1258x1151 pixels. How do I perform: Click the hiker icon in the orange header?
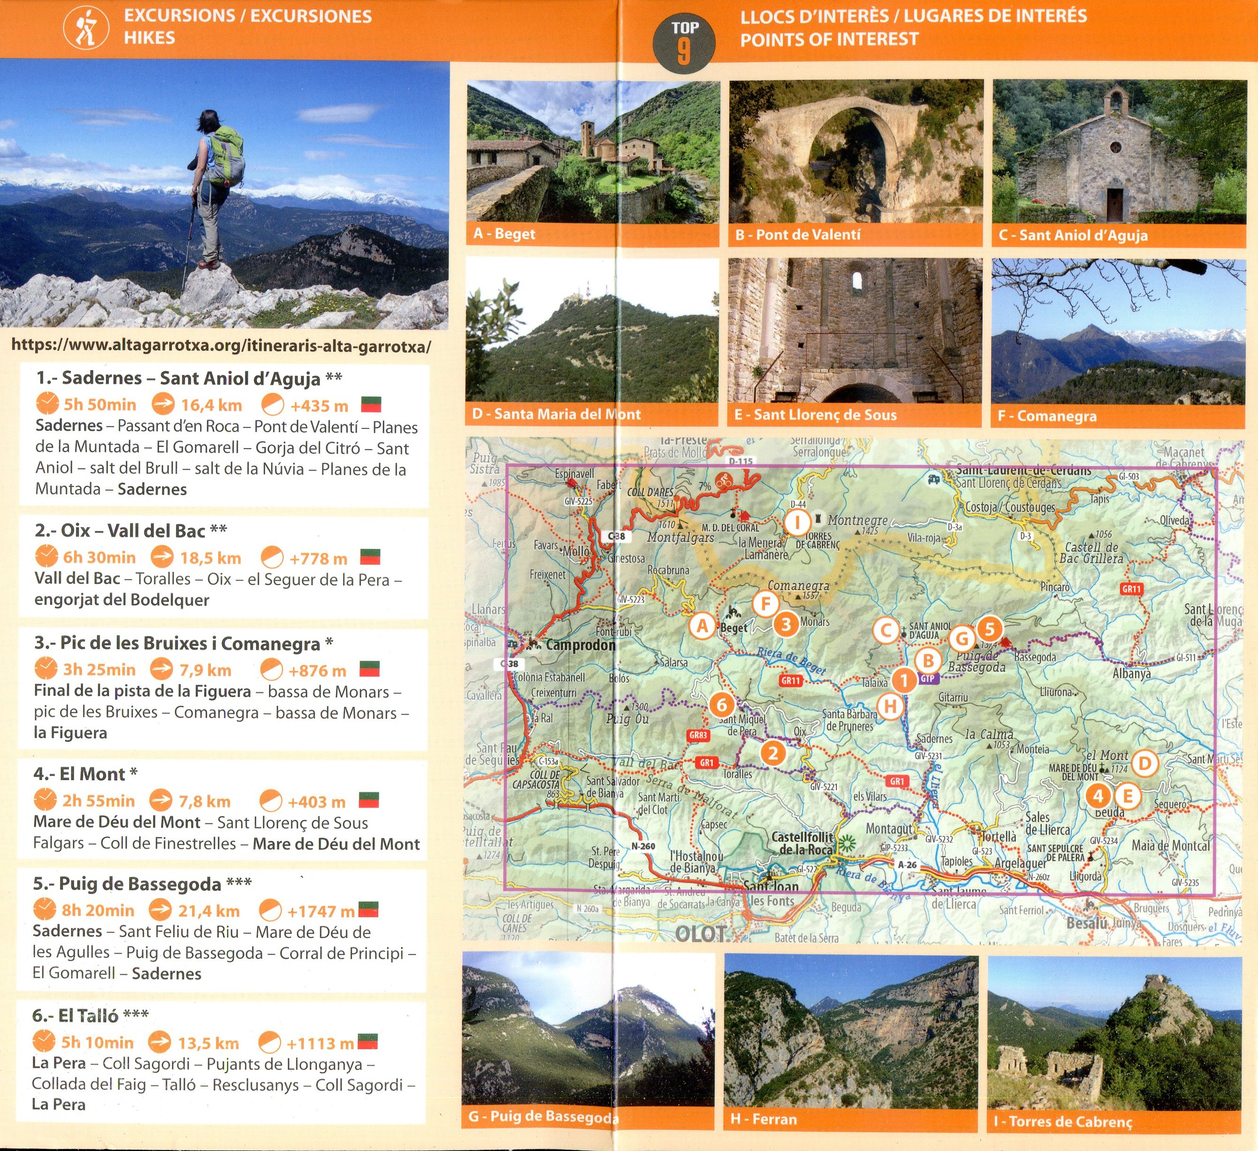(86, 29)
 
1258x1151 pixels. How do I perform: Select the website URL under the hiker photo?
(221, 345)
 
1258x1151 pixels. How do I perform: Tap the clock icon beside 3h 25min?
(45, 669)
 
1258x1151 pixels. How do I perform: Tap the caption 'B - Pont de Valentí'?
(798, 235)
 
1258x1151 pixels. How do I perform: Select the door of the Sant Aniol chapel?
(1114, 203)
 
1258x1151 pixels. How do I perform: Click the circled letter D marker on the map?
(1144, 762)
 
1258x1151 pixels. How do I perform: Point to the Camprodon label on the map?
(580, 645)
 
